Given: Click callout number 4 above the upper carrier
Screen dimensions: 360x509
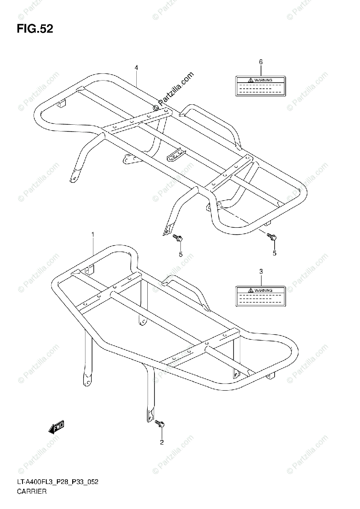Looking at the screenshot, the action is point(136,67).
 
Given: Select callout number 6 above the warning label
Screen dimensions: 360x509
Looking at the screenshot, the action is point(261,62).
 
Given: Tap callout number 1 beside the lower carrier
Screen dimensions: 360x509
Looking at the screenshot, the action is point(93,235).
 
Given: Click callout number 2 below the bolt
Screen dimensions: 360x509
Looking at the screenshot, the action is point(161,442).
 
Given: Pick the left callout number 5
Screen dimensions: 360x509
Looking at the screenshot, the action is point(180,254).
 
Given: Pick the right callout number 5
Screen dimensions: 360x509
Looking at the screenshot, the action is point(274,253).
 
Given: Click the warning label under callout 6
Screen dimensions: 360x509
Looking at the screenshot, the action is point(261,86).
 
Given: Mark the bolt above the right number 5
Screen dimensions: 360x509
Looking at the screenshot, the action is point(272,238).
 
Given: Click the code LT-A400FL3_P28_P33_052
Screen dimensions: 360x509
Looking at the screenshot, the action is point(58,483).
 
